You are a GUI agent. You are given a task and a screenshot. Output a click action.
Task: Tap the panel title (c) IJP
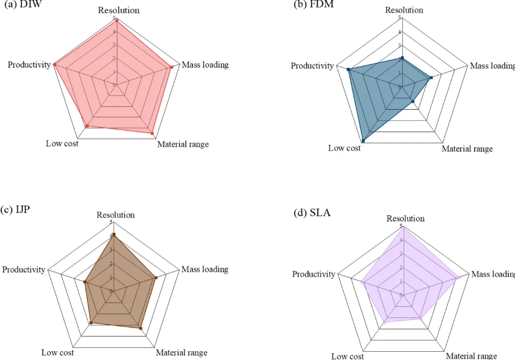point(16,210)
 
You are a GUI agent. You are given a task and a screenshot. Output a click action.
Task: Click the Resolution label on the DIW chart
point(118,10)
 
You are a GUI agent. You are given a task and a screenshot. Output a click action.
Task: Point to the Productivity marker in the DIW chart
point(55,64)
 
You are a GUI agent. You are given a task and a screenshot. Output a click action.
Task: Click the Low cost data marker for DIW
point(87,126)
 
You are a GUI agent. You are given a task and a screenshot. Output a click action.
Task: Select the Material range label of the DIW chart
point(183,144)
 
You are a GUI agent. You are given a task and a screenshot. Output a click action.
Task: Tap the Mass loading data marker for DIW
point(171,67)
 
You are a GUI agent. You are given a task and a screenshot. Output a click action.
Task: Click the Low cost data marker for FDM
point(363,141)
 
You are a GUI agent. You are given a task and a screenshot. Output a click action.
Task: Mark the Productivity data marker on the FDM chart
point(349,70)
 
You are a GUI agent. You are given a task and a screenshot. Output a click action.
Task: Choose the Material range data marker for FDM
point(413,101)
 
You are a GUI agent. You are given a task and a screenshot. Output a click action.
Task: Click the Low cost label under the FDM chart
point(344,148)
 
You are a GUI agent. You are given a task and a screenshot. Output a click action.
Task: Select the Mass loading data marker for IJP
point(156,278)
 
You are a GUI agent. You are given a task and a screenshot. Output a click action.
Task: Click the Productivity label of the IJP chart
point(23,269)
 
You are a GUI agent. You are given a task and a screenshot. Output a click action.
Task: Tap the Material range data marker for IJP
point(141,328)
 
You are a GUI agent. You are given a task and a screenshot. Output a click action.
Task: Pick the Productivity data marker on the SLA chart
point(362,282)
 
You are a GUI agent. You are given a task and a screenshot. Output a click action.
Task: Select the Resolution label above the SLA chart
point(405,218)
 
